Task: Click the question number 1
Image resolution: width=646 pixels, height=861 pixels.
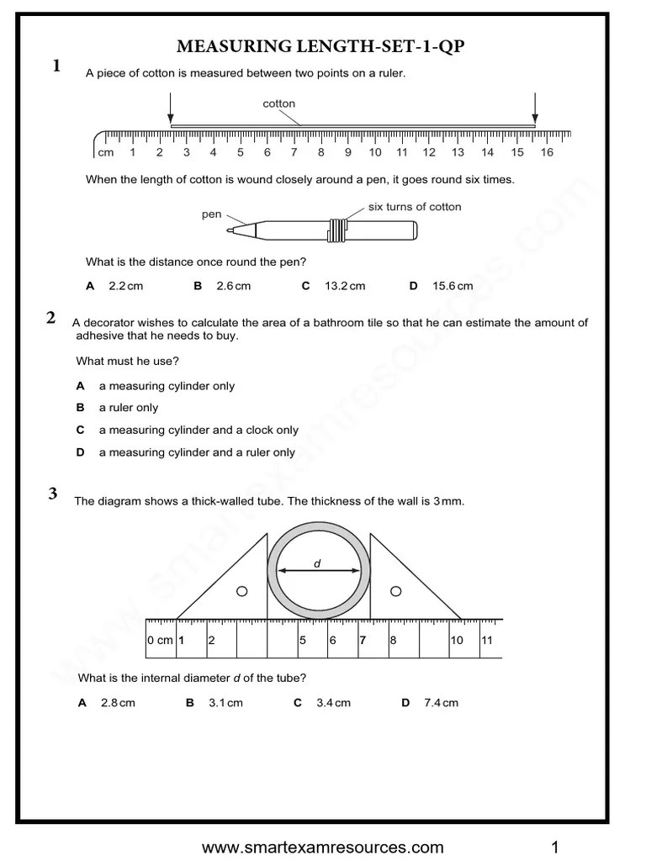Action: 56,66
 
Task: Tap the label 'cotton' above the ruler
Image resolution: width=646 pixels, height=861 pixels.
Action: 279,103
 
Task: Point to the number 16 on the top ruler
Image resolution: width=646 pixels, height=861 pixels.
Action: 547,152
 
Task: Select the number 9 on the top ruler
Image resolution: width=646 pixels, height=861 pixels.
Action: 347,152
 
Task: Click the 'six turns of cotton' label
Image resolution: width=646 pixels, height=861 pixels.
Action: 415,207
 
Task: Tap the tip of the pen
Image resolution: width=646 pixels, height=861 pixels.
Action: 230,230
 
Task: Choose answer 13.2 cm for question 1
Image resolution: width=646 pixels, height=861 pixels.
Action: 344,286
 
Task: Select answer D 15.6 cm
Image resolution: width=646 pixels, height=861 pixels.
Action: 452,286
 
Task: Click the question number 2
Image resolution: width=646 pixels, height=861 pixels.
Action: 51,318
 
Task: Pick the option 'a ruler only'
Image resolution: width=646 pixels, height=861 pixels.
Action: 128,408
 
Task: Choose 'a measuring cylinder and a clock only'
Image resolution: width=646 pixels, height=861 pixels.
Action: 199,430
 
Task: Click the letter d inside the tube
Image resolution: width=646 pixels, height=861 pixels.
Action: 318,563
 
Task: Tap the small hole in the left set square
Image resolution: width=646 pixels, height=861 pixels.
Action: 241,592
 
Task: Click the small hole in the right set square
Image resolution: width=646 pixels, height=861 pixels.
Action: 392,592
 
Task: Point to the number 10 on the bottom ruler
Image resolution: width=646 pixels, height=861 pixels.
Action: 456,640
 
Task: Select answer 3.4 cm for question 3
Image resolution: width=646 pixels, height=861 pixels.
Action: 333,703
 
